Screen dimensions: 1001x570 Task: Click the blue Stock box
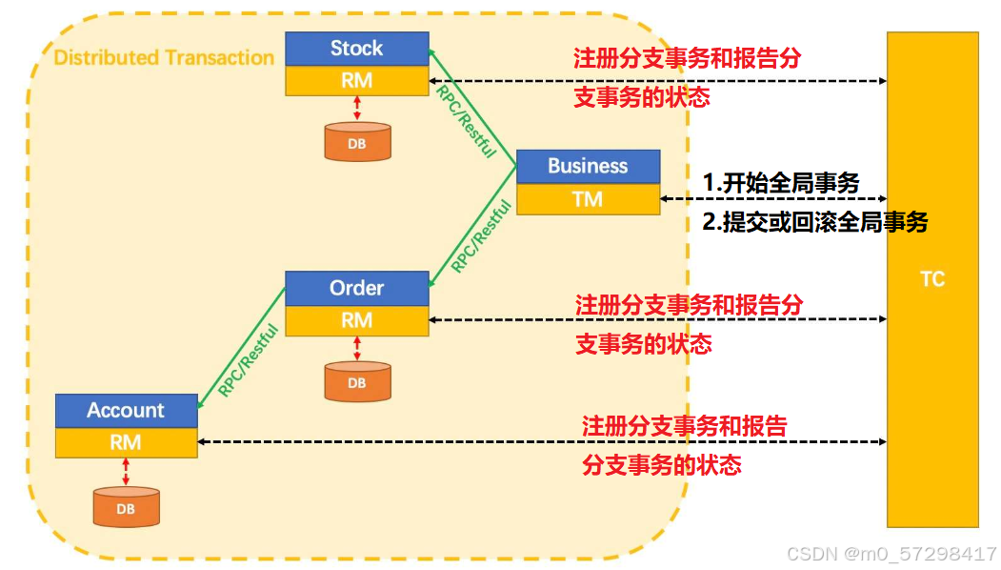(357, 49)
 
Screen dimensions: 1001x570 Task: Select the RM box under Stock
(357, 80)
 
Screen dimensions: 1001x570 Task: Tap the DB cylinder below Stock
(357, 141)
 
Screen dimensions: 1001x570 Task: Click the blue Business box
(588, 167)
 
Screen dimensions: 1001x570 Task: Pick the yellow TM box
(588, 199)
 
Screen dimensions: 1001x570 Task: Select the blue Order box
(357, 288)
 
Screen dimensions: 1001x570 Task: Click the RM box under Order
(357, 321)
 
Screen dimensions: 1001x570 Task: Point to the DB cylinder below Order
(357, 381)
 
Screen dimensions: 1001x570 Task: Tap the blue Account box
(127, 411)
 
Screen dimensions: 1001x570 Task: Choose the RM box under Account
(127, 443)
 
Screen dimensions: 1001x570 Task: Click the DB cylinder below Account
(127, 507)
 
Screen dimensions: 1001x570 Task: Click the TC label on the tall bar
(932, 279)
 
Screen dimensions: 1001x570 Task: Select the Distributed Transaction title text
(164, 57)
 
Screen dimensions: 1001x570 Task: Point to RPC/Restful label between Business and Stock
(466, 121)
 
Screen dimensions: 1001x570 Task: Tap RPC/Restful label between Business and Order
(481, 235)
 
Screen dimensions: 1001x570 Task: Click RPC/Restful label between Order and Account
(249, 359)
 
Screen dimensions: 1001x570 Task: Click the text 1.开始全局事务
(781, 183)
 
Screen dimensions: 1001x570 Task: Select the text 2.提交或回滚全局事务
(815, 222)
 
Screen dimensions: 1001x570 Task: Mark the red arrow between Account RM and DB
(126, 472)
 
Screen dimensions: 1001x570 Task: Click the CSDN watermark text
(891, 554)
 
